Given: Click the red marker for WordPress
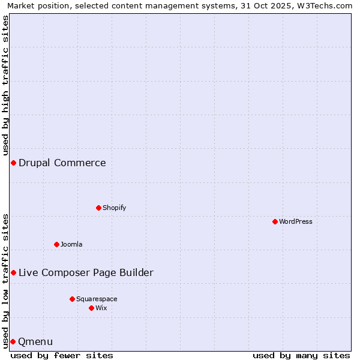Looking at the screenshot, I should coord(275,221).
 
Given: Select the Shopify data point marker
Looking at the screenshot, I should coord(98,208).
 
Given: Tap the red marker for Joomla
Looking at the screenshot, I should coord(56,244).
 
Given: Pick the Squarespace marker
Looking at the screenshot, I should coord(72,299).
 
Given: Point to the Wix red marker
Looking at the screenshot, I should coord(91,308).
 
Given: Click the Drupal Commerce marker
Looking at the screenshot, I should coord(13,163).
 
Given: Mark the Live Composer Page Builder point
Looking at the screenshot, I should coord(13,273).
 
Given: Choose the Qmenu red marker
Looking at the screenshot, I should coord(13,341).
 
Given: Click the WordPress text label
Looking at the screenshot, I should coord(296,221).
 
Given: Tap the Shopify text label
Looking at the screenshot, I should coord(114,208).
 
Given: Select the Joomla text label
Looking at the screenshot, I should coord(71,244).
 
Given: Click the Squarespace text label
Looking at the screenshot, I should coord(97,299).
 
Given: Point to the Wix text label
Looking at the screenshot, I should coord(101,308).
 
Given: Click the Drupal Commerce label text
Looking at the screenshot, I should coord(62,163).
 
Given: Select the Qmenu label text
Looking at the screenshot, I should coord(36,342).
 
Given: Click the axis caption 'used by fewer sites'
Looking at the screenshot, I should coord(62,355).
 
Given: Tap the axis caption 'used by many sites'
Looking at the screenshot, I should coord(301,355).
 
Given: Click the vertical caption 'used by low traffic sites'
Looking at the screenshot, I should coord(5,281).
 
